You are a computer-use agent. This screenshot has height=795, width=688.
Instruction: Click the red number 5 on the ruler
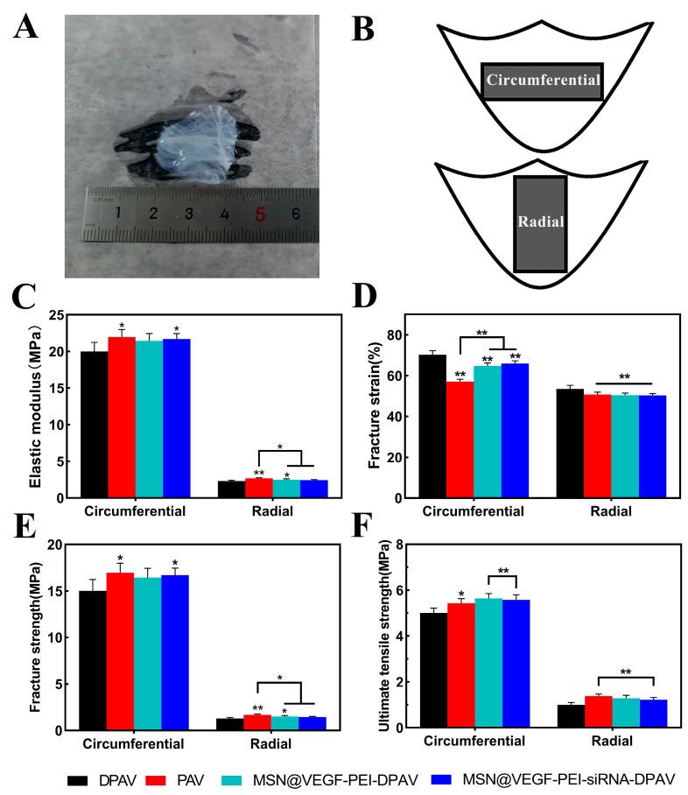(x=260, y=213)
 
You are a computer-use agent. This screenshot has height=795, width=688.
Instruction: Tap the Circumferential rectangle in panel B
(x=543, y=81)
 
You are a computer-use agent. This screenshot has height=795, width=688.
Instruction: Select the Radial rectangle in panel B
(x=540, y=222)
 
